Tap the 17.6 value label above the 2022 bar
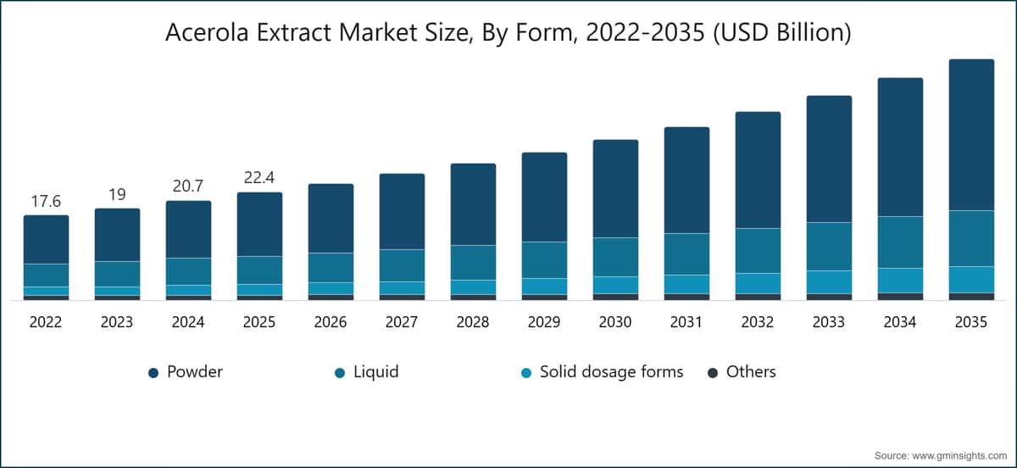tap(46, 201)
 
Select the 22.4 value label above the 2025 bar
tap(259, 178)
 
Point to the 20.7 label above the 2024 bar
tap(188, 187)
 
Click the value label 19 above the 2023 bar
tap(117, 194)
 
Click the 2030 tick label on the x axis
tap(615, 323)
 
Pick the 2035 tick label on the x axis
tap(971, 323)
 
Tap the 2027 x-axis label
tap(402, 323)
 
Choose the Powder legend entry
tap(195, 371)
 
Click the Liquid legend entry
tap(375, 371)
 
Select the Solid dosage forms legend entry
tap(610, 371)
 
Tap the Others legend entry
tap(751, 371)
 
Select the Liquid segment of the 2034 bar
tap(900, 242)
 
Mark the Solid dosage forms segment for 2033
tap(829, 281)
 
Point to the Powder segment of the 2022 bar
tap(46, 239)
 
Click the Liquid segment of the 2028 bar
tap(473, 262)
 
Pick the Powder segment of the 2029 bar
tap(544, 197)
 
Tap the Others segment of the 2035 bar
tap(971, 296)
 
